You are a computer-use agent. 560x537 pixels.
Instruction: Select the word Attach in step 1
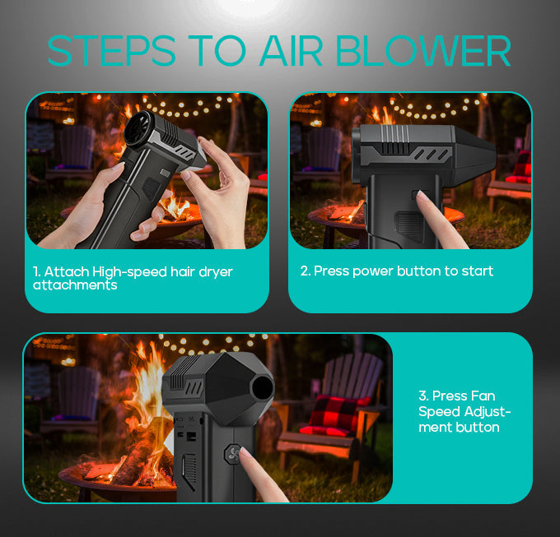pyautogui.click(x=67, y=271)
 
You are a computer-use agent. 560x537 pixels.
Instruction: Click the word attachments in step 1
pyautogui.click(x=75, y=285)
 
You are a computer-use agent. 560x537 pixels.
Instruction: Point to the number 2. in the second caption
pyautogui.click(x=306, y=271)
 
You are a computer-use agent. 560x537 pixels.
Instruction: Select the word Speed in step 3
pyautogui.click(x=439, y=411)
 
